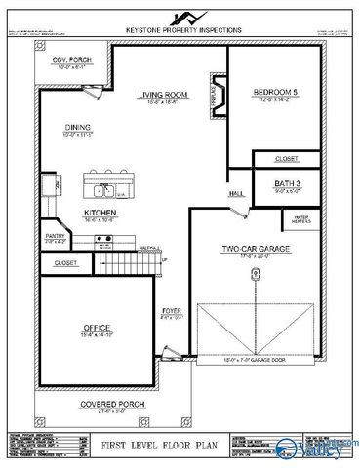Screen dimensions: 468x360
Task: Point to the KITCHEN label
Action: (100, 212)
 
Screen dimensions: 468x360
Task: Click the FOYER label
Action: (172, 311)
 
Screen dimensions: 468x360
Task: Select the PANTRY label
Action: (55, 235)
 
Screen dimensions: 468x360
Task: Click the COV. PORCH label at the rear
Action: (69, 60)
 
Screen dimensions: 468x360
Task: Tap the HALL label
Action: (235, 194)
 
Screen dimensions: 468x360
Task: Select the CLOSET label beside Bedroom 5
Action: (287, 157)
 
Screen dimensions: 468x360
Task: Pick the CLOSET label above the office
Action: (65, 263)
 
